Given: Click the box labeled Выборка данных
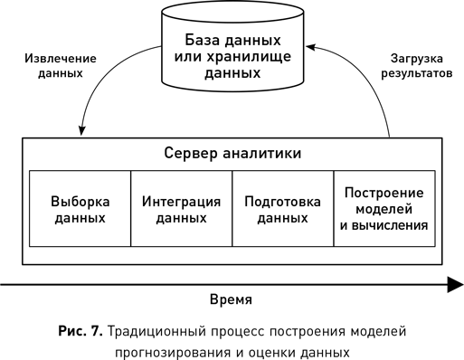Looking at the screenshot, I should [x=80, y=209].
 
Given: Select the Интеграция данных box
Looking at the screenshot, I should [x=181, y=209].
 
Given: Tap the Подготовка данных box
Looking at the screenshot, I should [x=282, y=209].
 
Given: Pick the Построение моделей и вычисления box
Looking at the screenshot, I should [x=384, y=209].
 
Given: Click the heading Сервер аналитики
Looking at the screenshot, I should [x=232, y=154].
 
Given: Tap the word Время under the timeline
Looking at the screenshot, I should [x=231, y=299].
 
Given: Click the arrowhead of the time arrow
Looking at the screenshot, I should [x=451, y=284].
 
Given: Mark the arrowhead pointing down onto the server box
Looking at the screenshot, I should [x=83, y=132].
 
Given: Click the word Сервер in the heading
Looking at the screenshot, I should [x=189, y=154].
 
